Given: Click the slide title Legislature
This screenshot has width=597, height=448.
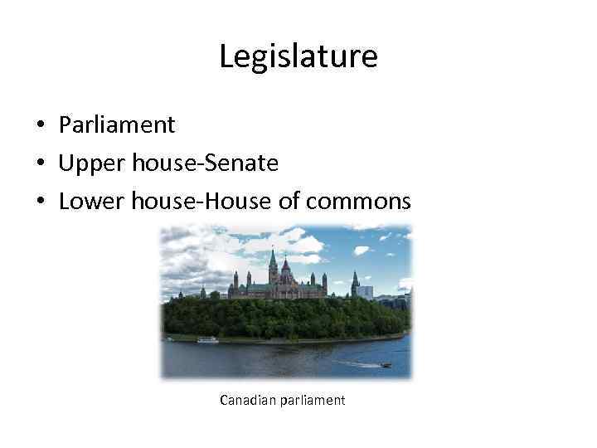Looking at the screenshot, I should coord(298,56).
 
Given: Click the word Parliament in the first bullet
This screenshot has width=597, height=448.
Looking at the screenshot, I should coord(117,125).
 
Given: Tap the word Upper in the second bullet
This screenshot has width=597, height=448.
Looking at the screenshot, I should coord(86,163).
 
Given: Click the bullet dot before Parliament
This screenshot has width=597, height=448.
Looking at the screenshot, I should coord(39,126).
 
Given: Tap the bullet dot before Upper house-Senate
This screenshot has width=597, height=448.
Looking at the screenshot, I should coord(39,164).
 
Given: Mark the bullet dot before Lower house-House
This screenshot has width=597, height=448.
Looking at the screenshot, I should coord(39,202).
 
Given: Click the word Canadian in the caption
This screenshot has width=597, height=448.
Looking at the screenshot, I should coord(247,401).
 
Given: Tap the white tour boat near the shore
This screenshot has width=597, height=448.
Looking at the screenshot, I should coord(207,340).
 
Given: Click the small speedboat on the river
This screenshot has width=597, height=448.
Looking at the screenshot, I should coord(386,364).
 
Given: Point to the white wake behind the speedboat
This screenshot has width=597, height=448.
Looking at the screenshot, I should coord(361,363).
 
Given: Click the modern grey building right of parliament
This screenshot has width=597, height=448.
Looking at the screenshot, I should coord(365,292).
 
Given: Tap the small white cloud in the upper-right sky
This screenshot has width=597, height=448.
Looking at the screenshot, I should coord(361,250).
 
